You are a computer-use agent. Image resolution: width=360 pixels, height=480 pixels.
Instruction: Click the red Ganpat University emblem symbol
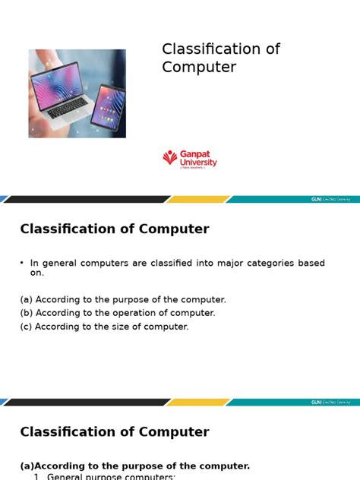(x=169, y=158)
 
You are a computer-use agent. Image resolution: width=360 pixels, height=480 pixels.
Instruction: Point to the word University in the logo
(x=198, y=162)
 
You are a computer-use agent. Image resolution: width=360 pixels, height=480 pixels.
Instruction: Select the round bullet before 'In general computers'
(x=23, y=263)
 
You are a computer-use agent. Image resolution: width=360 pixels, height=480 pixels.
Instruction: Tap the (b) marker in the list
(x=26, y=313)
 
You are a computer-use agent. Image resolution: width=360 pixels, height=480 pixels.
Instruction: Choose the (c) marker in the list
(x=26, y=327)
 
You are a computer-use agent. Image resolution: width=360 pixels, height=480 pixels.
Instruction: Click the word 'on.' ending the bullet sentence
(x=37, y=273)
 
